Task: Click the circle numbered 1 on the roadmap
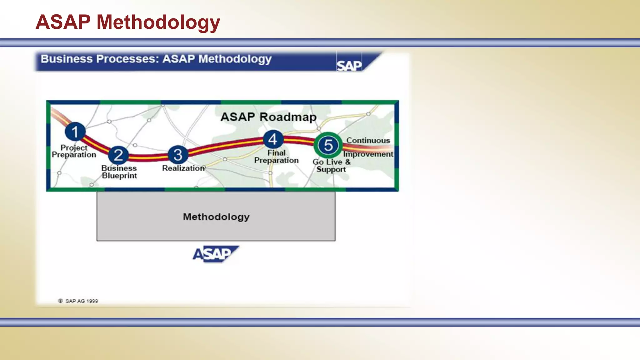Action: pyautogui.click(x=75, y=132)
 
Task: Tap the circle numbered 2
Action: pyautogui.click(x=118, y=155)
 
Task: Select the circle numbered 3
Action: pyautogui.click(x=178, y=154)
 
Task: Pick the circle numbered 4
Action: pyautogui.click(x=273, y=139)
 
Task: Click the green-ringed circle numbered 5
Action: pyautogui.click(x=328, y=145)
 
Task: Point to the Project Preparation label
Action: pyautogui.click(x=74, y=151)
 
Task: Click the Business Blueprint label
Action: pyautogui.click(x=119, y=172)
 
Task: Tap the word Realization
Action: pyautogui.click(x=183, y=168)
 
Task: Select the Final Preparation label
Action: pyautogui.click(x=276, y=157)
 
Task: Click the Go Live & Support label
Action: pyautogui.click(x=331, y=166)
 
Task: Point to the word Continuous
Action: pyautogui.click(x=368, y=141)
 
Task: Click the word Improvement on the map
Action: pyautogui.click(x=368, y=154)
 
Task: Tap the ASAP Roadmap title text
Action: pyautogui.click(x=268, y=117)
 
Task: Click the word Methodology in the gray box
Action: pyautogui.click(x=216, y=217)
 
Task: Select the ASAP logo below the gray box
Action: pyautogui.click(x=215, y=254)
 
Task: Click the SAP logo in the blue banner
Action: pyautogui.click(x=349, y=65)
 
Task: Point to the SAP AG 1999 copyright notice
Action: pyautogui.click(x=78, y=301)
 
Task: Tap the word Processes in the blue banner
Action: pyautogui.click(x=127, y=59)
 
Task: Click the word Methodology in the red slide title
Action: pyautogui.click(x=158, y=22)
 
